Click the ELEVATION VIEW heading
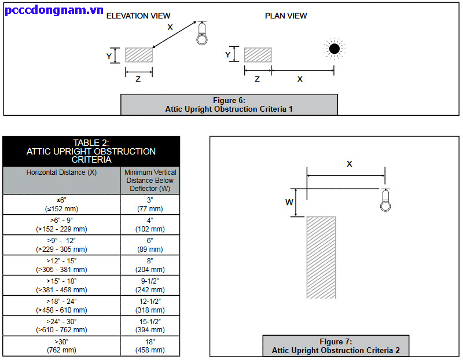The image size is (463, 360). (x=138, y=16)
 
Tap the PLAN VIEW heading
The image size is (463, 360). (x=286, y=16)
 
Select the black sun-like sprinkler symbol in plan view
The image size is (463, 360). (x=333, y=49)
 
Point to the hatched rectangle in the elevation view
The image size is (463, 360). (x=139, y=54)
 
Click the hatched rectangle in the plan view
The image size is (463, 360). (x=258, y=54)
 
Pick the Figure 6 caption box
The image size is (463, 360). (x=229, y=105)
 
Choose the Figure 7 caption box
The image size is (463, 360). (x=336, y=346)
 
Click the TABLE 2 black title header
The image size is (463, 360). (x=91, y=151)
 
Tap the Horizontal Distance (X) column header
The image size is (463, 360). (x=61, y=172)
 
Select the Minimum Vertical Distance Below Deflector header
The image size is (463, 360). (x=150, y=180)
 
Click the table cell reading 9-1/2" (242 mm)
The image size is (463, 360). (x=150, y=285)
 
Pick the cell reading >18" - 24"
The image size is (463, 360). (x=61, y=306)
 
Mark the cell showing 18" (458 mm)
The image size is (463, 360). (x=150, y=346)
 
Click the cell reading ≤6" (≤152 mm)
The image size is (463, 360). (x=61, y=204)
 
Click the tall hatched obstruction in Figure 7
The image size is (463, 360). (x=321, y=257)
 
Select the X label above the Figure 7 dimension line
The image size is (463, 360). (x=350, y=164)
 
